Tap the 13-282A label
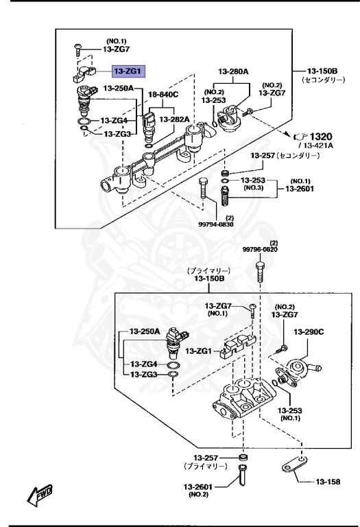175,119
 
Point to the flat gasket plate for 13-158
296,469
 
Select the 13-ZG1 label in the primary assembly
199,351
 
